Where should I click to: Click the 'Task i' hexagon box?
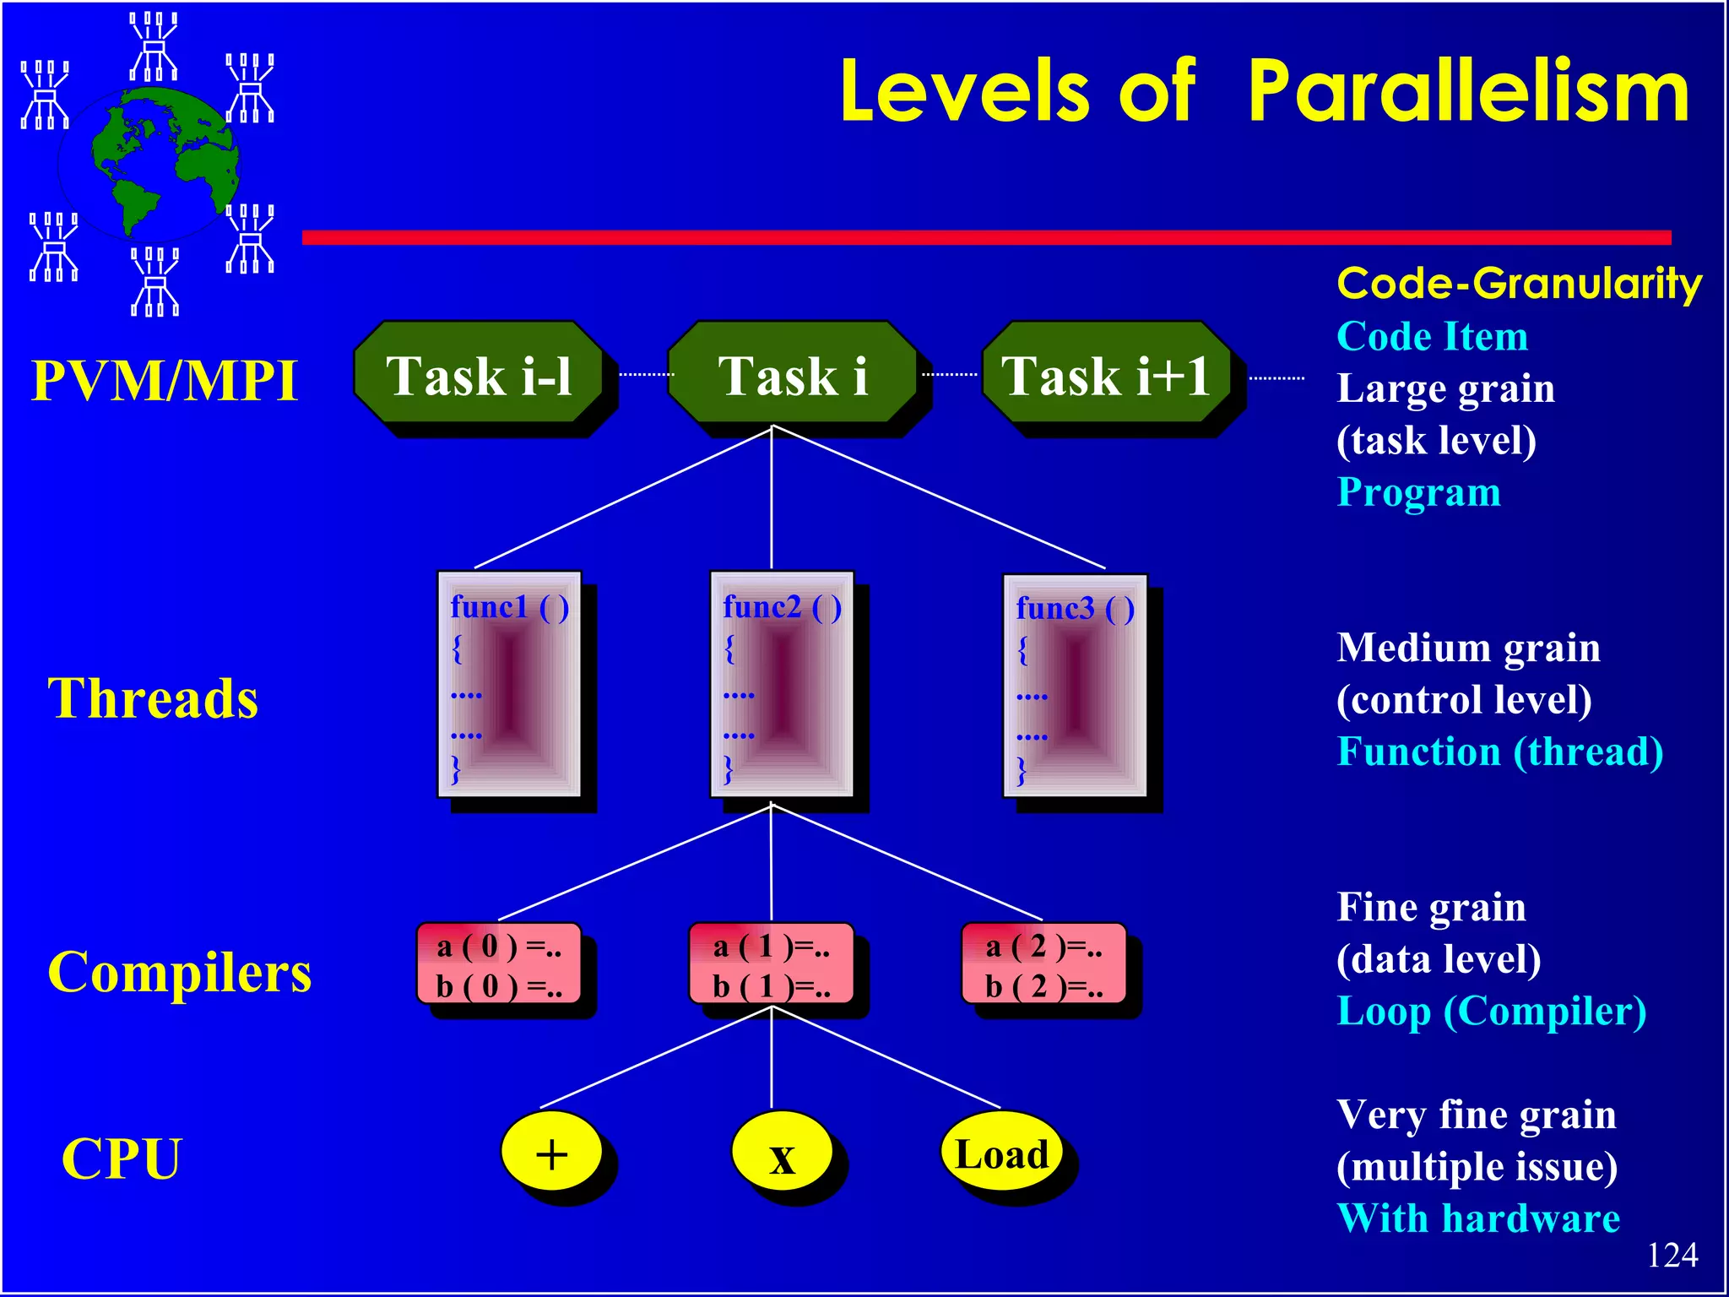(792, 373)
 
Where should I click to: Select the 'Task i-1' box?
(479, 373)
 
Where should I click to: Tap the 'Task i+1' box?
(1106, 373)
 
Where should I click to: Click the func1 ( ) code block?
(509, 684)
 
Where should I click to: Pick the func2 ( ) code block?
(782, 684)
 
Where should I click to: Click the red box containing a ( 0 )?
(499, 963)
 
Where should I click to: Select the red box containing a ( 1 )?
(772, 963)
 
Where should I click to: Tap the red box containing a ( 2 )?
(1044, 963)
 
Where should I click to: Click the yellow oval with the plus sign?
(551, 1152)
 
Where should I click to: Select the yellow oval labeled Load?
(1001, 1152)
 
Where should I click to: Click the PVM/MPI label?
(165, 380)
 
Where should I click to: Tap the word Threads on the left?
(153, 698)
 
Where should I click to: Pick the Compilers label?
(180, 972)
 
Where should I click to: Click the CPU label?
(122, 1159)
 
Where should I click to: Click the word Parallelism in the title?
(1468, 93)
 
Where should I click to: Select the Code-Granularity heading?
(1519, 284)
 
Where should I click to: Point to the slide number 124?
(1672, 1255)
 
